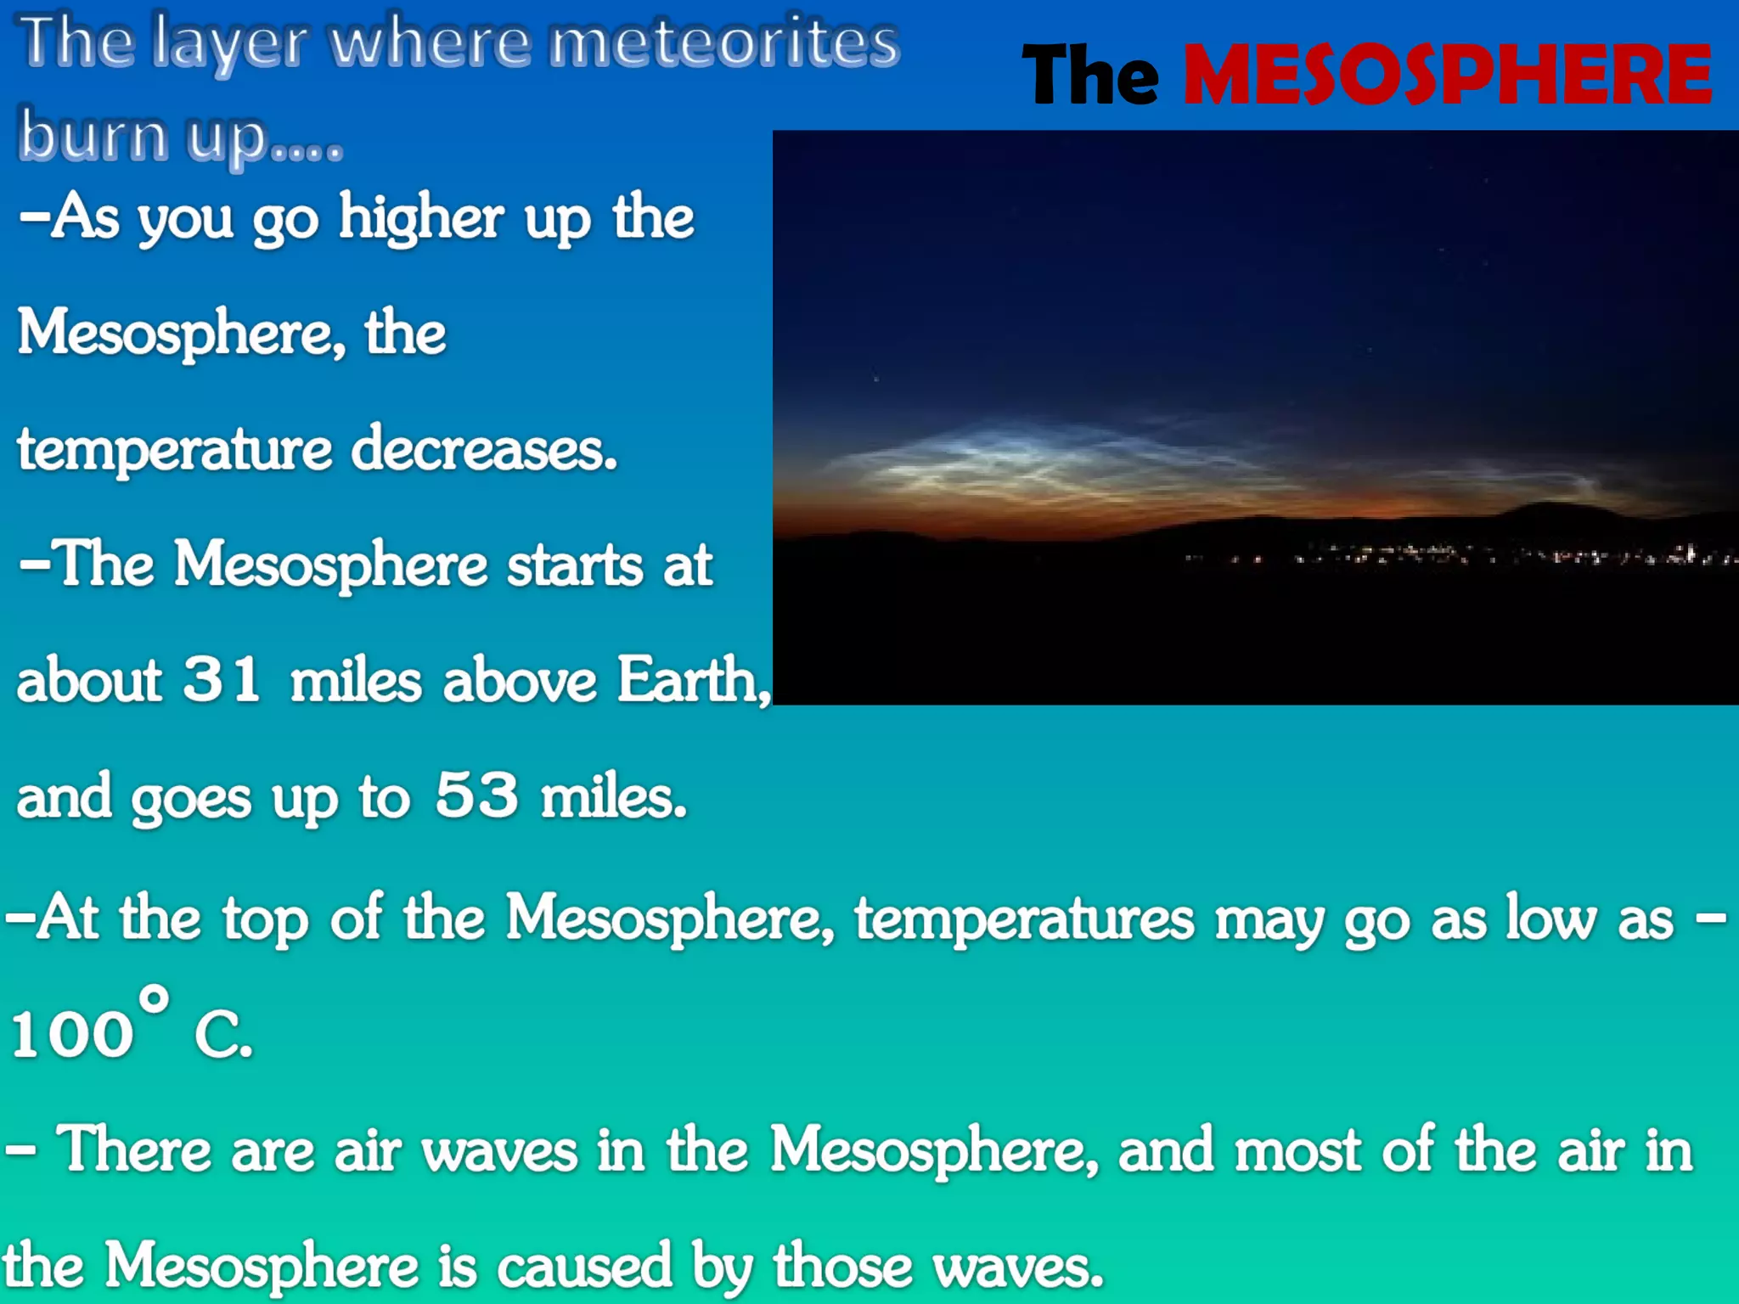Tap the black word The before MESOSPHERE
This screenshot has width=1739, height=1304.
1090,76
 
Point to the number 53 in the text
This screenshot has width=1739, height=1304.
476,795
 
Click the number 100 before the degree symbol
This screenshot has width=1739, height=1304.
72,1034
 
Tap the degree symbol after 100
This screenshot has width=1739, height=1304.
154,999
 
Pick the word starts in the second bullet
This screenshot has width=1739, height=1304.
575,565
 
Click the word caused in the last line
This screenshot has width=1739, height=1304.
584,1266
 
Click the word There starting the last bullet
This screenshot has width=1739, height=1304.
134,1150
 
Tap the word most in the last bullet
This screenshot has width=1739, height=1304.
1297,1150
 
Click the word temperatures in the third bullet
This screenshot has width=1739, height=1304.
1024,919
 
